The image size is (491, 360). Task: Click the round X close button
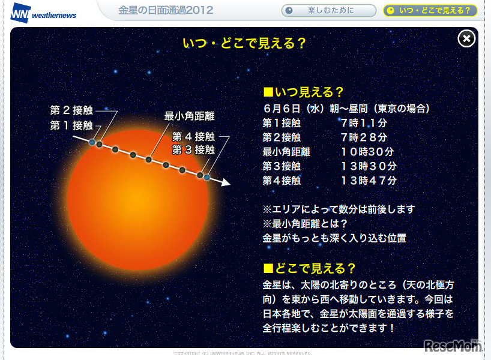click(466, 39)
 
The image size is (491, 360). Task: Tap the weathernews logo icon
click(20, 13)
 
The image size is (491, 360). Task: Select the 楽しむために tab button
click(329, 11)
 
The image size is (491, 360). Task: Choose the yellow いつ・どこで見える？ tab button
click(430, 11)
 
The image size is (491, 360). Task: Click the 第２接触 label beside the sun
click(71, 110)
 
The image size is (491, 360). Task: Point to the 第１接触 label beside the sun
click(71, 125)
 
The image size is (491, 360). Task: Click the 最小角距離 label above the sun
click(190, 116)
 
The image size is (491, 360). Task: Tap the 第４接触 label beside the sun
click(193, 136)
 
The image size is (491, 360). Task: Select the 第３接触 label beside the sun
click(193, 149)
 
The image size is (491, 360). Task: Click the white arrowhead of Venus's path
click(226, 182)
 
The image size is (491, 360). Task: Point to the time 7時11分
click(364, 123)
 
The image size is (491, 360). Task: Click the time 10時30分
click(367, 152)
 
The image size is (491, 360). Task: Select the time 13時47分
click(369, 181)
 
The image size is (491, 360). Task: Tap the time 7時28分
click(364, 137)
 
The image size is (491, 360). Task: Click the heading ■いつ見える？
click(303, 92)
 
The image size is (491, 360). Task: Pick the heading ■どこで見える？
click(309, 268)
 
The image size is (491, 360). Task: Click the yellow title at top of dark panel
click(244, 43)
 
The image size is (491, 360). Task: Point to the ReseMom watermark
click(453, 346)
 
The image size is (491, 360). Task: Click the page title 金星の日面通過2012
click(166, 10)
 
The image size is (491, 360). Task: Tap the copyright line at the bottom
click(243, 354)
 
